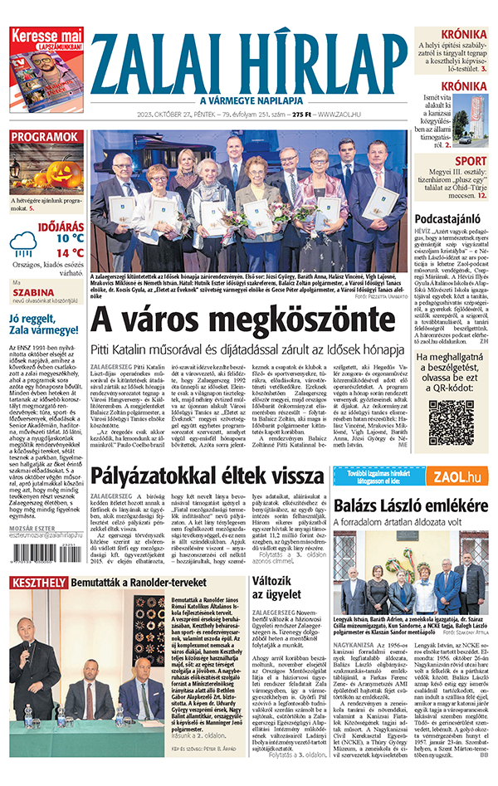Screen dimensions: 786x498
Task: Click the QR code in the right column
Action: (x=451, y=421)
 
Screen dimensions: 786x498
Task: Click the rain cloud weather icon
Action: (x=23, y=244)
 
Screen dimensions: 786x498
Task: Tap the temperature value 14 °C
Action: (x=70, y=252)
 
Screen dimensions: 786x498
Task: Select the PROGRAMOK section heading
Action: (x=46, y=137)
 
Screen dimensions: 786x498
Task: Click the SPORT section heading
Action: (x=471, y=161)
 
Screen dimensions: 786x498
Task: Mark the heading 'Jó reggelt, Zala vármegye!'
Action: (x=46, y=325)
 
